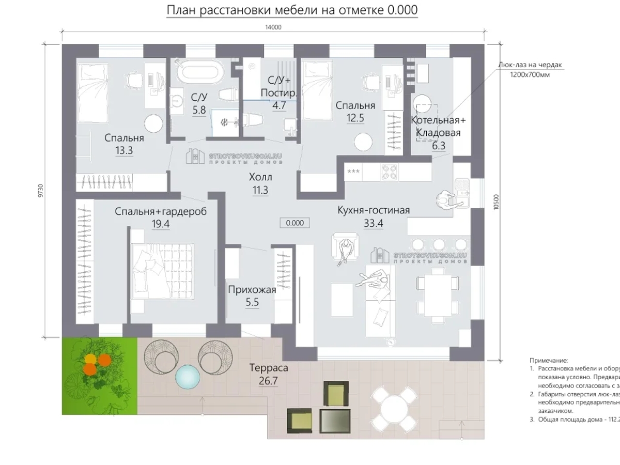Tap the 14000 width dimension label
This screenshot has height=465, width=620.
(x=273, y=28)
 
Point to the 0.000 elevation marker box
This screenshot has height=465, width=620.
(x=295, y=223)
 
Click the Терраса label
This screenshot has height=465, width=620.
(x=268, y=368)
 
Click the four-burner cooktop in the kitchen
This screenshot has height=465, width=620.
(x=389, y=172)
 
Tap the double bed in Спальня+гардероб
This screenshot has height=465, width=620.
(x=162, y=271)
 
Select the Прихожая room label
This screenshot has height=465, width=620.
(x=252, y=290)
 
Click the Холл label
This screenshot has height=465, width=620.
(x=259, y=177)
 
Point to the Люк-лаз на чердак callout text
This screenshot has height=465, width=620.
(x=530, y=65)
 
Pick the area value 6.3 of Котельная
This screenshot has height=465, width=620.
(x=438, y=146)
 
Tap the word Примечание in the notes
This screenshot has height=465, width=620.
(x=548, y=360)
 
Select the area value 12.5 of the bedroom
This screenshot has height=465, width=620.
(x=355, y=118)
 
